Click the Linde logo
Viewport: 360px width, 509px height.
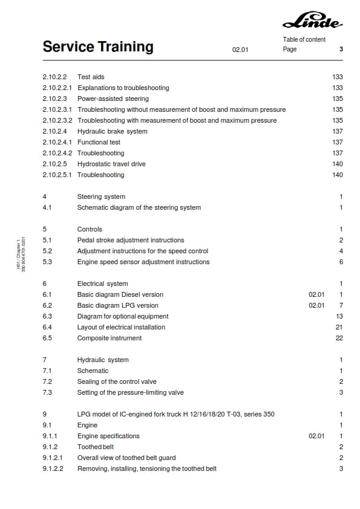pyautogui.click(x=312, y=22)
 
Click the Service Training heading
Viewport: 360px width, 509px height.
pyautogui.click(x=98, y=47)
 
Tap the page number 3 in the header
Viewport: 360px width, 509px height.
pyautogui.click(x=341, y=50)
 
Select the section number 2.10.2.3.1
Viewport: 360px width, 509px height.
pyautogui.click(x=57, y=109)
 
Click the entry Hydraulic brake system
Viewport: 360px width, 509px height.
pyautogui.click(x=112, y=131)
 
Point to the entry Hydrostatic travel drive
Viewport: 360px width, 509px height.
pyautogui.click(x=111, y=164)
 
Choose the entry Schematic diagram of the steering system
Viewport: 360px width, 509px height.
pyautogui.click(x=139, y=207)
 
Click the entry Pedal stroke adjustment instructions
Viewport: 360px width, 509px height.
pyautogui.click(x=131, y=240)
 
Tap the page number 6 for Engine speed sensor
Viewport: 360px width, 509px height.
pyautogui.click(x=341, y=262)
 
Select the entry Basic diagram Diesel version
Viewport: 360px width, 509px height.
pyautogui.click(x=120, y=294)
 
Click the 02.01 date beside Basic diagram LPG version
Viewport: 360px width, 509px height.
pyautogui.click(x=316, y=305)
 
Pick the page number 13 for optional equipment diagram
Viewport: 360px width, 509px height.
pyautogui.click(x=339, y=316)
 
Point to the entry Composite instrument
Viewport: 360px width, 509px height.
pyautogui.click(x=110, y=338)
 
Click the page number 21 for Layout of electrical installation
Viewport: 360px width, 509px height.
pyautogui.click(x=339, y=327)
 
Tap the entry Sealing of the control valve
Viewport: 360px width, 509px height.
pyautogui.click(x=117, y=381)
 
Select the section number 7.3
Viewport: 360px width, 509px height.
pyautogui.click(x=47, y=392)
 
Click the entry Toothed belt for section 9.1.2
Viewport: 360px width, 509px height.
pyautogui.click(x=95, y=447)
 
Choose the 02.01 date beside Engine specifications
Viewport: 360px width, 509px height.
pyautogui.click(x=316, y=436)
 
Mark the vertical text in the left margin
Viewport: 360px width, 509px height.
pyautogui.click(x=21, y=253)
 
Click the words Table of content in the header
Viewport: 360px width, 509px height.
pyautogui.click(x=304, y=39)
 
